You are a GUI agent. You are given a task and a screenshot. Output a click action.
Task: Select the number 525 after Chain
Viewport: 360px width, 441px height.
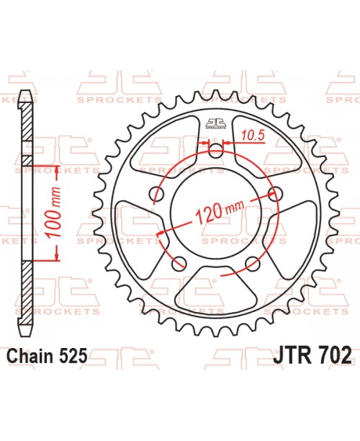click(x=75, y=355)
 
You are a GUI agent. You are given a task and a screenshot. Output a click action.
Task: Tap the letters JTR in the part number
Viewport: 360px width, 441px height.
click(x=293, y=355)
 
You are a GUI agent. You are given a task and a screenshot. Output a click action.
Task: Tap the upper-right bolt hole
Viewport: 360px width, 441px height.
click(x=274, y=193)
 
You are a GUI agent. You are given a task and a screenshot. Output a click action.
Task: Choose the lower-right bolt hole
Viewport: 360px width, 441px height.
click(x=251, y=261)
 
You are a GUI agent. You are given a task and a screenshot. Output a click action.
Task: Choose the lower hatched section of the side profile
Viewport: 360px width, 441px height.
click(x=27, y=292)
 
